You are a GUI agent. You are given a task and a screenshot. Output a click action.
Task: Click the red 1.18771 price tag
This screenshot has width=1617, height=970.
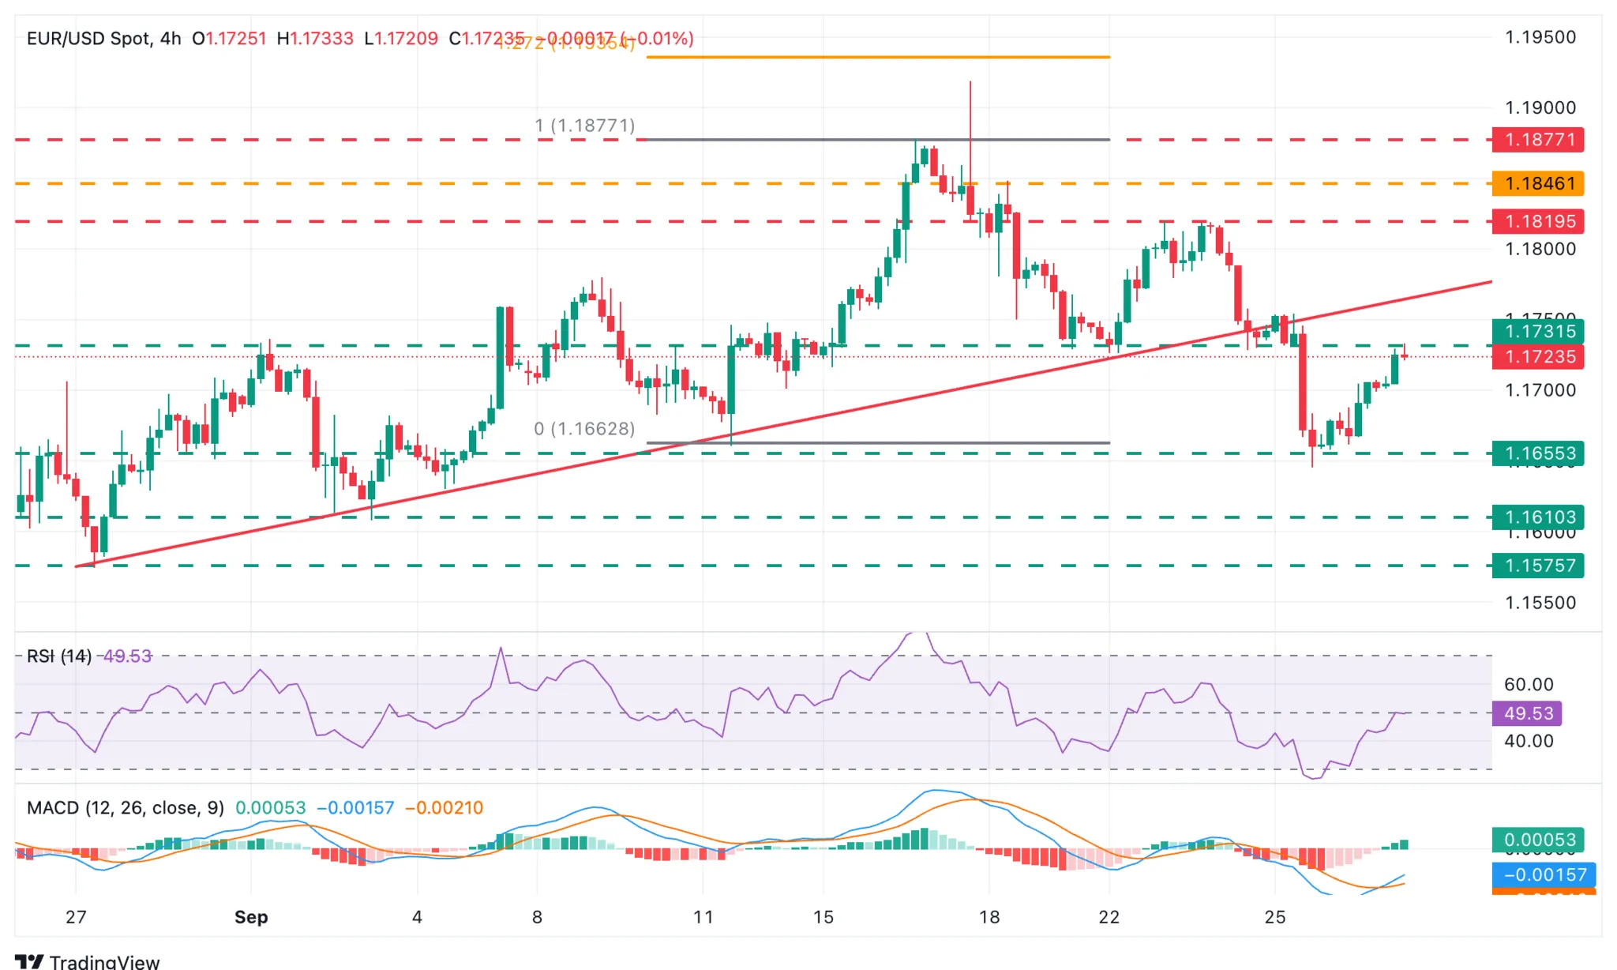tap(1538, 140)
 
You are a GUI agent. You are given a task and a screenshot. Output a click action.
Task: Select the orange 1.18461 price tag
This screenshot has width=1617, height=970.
tap(1538, 183)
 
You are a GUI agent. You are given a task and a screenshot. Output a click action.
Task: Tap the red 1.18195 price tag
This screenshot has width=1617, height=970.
tap(1538, 221)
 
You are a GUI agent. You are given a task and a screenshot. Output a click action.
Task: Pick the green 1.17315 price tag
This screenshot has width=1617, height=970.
tap(1538, 331)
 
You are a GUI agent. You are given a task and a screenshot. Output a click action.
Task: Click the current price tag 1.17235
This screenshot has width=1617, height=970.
tap(1538, 356)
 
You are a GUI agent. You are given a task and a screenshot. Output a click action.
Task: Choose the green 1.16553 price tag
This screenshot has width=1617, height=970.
tap(1538, 453)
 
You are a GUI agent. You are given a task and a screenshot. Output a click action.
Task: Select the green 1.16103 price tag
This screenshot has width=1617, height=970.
tap(1538, 517)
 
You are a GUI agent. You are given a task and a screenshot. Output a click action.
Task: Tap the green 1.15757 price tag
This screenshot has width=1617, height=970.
tap(1538, 566)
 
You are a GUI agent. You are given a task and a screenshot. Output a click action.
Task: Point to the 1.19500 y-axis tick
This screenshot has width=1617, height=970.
tap(1540, 37)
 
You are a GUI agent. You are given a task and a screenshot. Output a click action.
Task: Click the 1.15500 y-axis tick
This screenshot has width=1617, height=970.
tap(1540, 603)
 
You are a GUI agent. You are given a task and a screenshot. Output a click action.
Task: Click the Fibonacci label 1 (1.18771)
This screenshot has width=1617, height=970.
tap(584, 126)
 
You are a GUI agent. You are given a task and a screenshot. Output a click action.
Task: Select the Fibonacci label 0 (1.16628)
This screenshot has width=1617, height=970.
tap(584, 429)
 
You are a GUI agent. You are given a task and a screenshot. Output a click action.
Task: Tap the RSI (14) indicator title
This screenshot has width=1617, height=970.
tap(59, 656)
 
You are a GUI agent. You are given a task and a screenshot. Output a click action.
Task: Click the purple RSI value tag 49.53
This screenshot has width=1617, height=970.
tap(1527, 713)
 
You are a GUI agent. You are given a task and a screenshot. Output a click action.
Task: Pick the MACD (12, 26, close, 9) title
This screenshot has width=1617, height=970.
tap(126, 808)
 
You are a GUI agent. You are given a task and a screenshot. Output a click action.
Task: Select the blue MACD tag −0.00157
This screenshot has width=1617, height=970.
tap(1544, 874)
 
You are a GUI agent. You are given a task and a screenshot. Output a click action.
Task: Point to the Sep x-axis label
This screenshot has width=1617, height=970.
tap(251, 917)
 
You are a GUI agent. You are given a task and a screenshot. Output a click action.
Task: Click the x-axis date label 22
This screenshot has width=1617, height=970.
tap(1109, 917)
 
